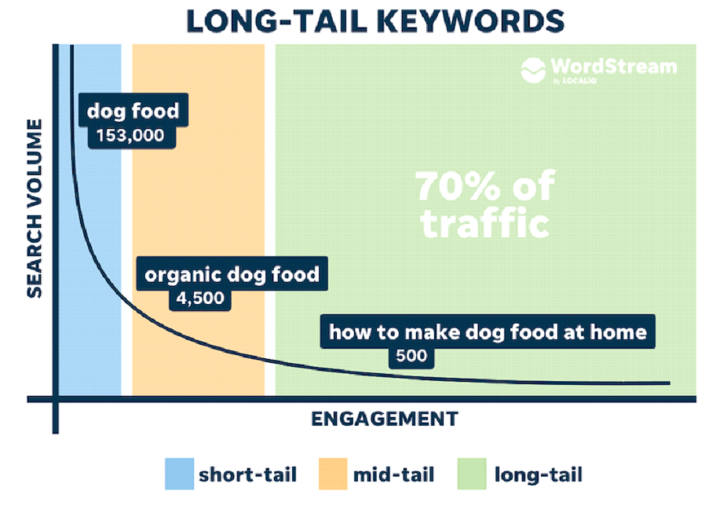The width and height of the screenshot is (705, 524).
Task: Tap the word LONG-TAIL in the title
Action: [x=276, y=21]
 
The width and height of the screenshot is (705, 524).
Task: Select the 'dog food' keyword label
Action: [x=133, y=111]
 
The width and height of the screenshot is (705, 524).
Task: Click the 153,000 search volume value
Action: [x=130, y=136]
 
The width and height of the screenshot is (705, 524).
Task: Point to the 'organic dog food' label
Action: [x=232, y=274]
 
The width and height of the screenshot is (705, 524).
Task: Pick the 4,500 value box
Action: [x=200, y=299]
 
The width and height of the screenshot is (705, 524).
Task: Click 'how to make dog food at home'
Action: [x=488, y=332]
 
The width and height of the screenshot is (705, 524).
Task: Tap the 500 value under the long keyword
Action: [x=411, y=356]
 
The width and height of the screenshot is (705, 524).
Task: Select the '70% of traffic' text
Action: [x=486, y=205]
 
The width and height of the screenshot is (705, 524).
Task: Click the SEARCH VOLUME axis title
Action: [x=35, y=208]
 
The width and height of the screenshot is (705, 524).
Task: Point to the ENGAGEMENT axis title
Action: [x=385, y=420]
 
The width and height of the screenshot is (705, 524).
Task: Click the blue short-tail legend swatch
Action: [x=180, y=474]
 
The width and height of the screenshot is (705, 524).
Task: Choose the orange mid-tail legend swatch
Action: [x=333, y=474]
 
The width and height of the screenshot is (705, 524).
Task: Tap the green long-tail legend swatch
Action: [x=472, y=474]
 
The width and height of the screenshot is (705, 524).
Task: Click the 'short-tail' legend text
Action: [x=248, y=475]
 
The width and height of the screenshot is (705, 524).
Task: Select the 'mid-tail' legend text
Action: [x=394, y=475]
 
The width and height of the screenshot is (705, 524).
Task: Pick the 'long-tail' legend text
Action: [x=539, y=475]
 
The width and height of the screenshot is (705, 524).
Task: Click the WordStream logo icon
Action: [x=533, y=70]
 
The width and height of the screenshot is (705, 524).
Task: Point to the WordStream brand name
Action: [x=614, y=67]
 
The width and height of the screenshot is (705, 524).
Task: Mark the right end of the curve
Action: [x=670, y=383]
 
